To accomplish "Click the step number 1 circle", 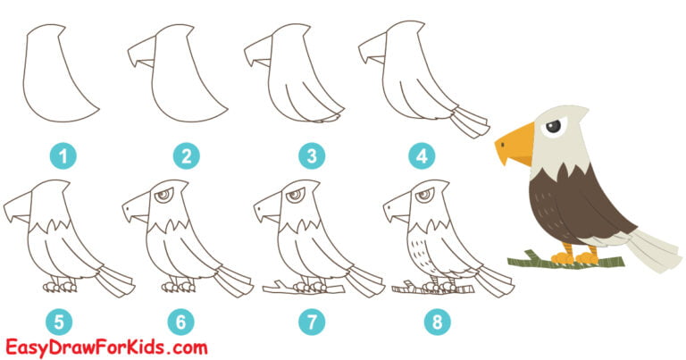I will (63, 157).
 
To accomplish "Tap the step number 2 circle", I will (186, 157).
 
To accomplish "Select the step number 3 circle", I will (310, 157).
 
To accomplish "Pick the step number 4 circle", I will (422, 157).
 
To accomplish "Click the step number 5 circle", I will (63, 319).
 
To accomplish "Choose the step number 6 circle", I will (186, 319).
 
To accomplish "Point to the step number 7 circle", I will (310, 319).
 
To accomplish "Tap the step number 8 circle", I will (435, 319).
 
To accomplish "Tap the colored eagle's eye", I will (554, 129).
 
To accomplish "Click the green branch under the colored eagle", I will (536, 261).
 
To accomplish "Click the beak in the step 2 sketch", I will (140, 60).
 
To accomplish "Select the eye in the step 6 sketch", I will (163, 198).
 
